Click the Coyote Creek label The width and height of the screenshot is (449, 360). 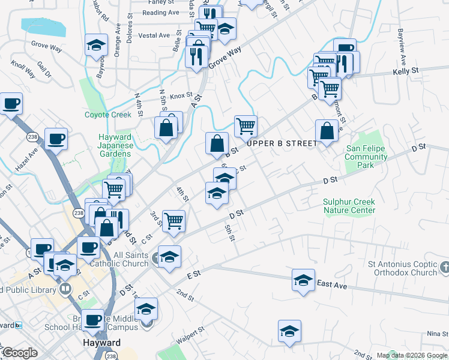click(x=107, y=115)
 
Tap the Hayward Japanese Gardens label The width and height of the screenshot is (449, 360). click(x=114, y=145)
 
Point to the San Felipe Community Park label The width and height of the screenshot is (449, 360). click(x=366, y=157)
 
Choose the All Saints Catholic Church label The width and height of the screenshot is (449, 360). click(x=121, y=259)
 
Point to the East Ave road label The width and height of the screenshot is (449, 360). click(x=332, y=285)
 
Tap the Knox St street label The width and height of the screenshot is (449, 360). click(x=180, y=95)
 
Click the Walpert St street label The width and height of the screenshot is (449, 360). click(x=191, y=331)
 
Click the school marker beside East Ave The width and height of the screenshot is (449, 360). click(x=303, y=279)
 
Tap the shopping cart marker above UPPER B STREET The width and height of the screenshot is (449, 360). click(x=246, y=126)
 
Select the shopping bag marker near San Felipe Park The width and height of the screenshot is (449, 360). click(x=326, y=131)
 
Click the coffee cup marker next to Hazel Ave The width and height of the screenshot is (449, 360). click(x=56, y=139)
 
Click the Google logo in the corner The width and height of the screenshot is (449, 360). click(x=20, y=353)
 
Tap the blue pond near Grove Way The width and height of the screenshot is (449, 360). click(x=43, y=27)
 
